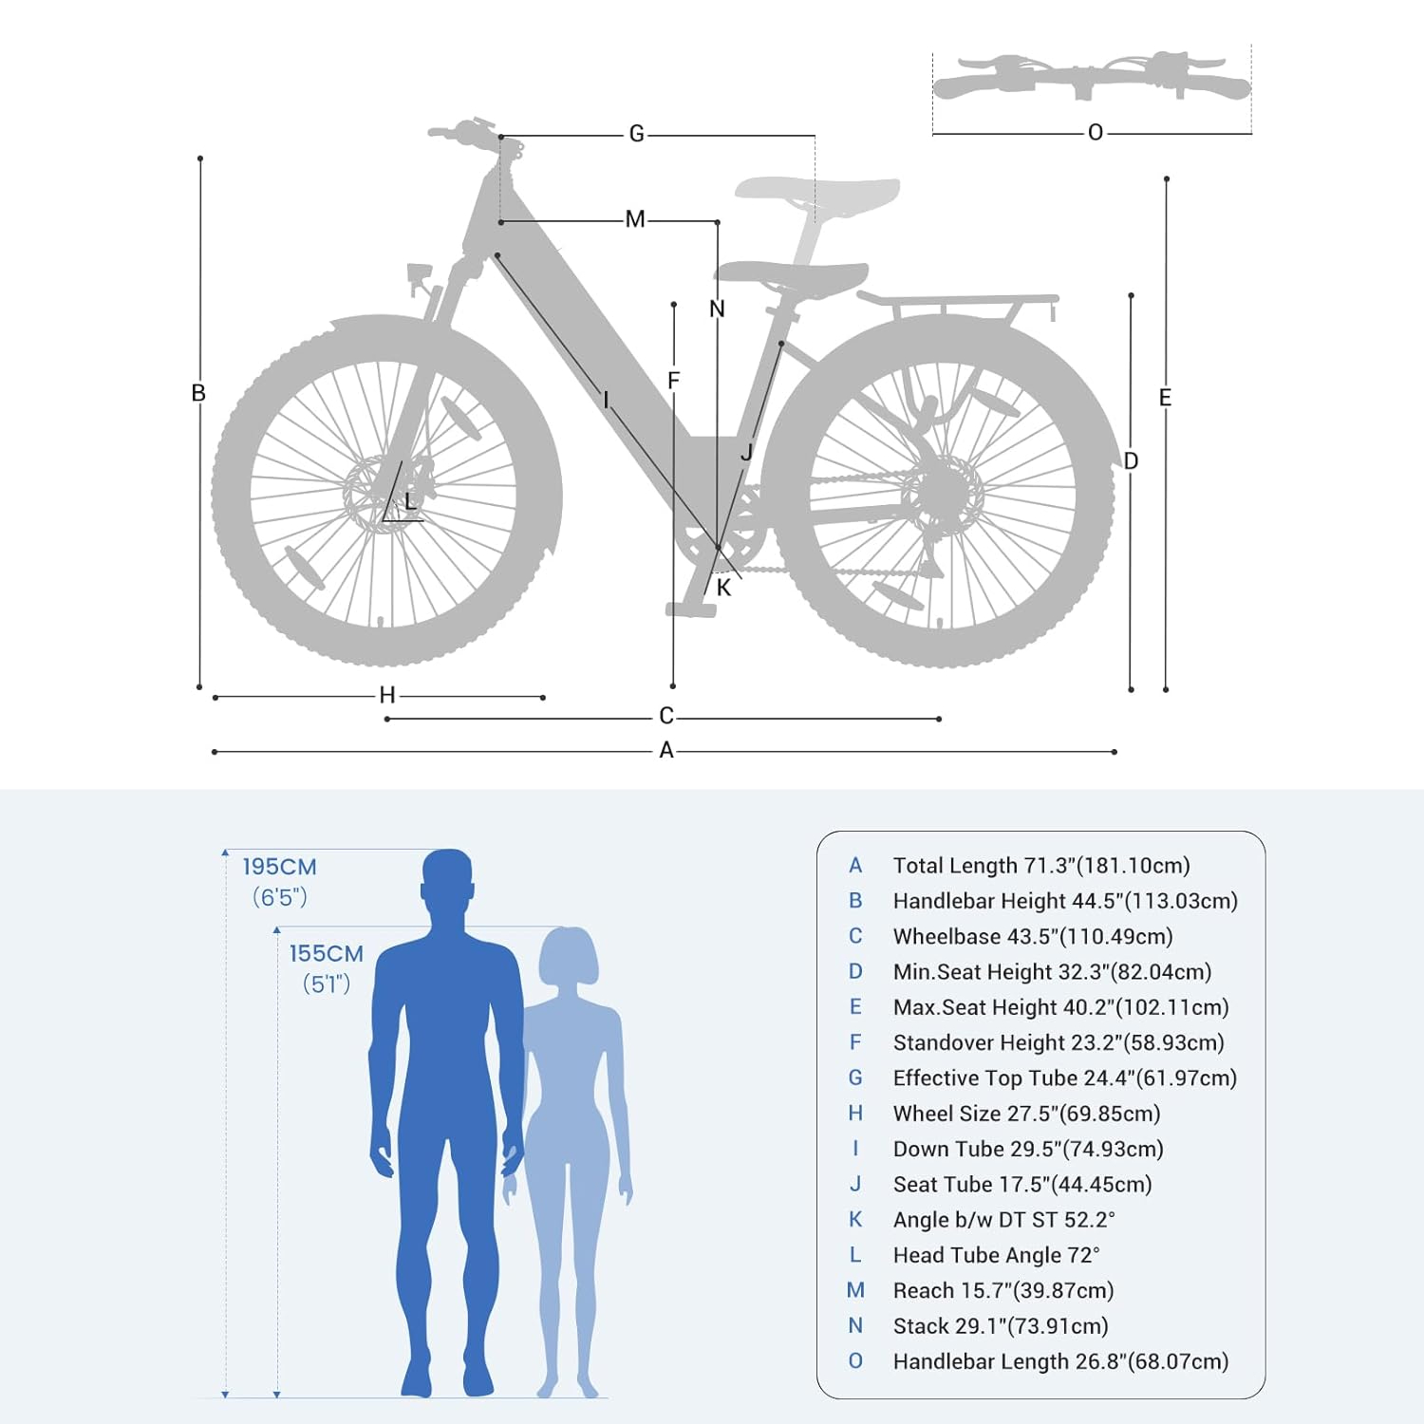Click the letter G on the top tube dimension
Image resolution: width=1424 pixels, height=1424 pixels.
[x=636, y=135]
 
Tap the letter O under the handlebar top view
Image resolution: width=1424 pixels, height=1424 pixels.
[x=1096, y=133]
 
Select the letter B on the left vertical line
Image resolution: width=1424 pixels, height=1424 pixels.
[x=198, y=393]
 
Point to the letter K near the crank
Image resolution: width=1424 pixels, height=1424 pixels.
[x=724, y=589]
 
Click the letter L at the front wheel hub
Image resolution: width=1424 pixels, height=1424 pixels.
[x=410, y=501]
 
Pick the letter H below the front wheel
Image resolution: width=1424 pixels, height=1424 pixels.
[x=387, y=696]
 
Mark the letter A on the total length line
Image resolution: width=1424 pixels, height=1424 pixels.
[x=666, y=751]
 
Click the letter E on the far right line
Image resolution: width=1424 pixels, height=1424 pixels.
[x=1165, y=398]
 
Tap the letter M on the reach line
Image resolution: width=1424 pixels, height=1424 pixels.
[x=635, y=220]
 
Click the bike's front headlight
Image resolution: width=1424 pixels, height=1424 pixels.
[x=420, y=275]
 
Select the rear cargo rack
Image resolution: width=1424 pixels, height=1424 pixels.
[x=959, y=306]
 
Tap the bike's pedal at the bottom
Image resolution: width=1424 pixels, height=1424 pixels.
[x=690, y=609]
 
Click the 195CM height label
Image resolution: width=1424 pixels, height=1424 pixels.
[x=279, y=867]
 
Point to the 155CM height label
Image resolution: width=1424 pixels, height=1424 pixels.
[x=327, y=953]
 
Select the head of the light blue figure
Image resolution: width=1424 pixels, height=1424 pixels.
[x=569, y=957]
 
